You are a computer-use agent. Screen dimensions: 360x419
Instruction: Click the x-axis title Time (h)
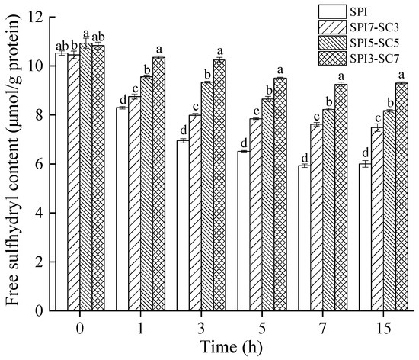[x=229, y=345]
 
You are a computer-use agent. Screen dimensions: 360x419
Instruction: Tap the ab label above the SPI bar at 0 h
[x=62, y=43]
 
